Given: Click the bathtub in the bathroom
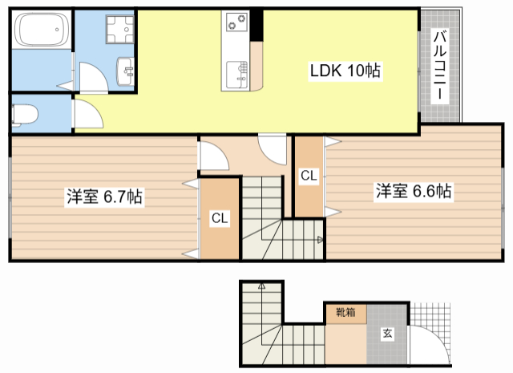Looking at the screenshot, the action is click(42, 30).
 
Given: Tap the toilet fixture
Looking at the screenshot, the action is click(25, 115).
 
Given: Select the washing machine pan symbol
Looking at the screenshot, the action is click(119, 29).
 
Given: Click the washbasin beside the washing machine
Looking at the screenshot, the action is click(125, 71).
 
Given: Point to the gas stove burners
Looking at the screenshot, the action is click(236, 22).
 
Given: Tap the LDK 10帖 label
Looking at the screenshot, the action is click(345, 71).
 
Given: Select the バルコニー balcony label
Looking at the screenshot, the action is click(440, 64).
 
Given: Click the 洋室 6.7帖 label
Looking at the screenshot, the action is click(105, 197).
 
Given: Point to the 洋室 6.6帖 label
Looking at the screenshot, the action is click(414, 191).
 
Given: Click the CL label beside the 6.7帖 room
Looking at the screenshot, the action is click(220, 218).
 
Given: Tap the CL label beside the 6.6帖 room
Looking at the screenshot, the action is click(309, 176).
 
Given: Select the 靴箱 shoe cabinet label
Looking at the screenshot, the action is click(345, 312).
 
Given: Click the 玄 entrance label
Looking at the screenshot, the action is click(387, 334).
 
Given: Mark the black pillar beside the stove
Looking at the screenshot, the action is click(256, 25).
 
